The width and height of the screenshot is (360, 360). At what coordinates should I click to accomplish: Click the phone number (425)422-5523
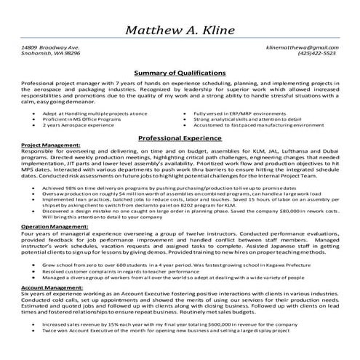click(319, 53)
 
